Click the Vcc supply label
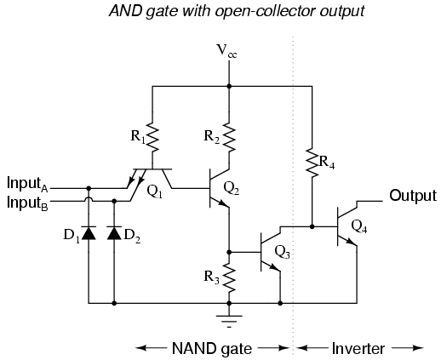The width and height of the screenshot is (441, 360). click(226, 51)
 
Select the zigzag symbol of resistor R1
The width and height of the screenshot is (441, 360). click(152, 137)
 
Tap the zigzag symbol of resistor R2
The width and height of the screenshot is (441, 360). click(229, 137)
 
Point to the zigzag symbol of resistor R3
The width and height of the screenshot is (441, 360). click(229, 277)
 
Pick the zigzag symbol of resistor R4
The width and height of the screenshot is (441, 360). click(312, 163)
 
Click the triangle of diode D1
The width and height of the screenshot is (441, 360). click(89, 233)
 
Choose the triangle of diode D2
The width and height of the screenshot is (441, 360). click(114, 233)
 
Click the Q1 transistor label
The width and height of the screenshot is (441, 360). click(155, 191)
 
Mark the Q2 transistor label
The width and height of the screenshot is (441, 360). click(232, 188)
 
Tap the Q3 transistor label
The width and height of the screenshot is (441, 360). click(283, 252)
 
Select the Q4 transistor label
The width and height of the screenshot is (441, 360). click(359, 226)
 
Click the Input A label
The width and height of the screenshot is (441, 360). click(27, 184)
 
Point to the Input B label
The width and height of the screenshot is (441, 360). click(27, 203)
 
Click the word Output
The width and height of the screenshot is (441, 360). click(413, 196)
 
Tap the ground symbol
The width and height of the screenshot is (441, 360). click(229, 321)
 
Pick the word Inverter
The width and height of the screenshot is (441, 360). click(358, 348)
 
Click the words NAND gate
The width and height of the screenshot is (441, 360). click(212, 348)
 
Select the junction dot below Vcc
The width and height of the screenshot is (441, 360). click(229, 86)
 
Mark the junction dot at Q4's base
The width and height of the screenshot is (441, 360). click(312, 226)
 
